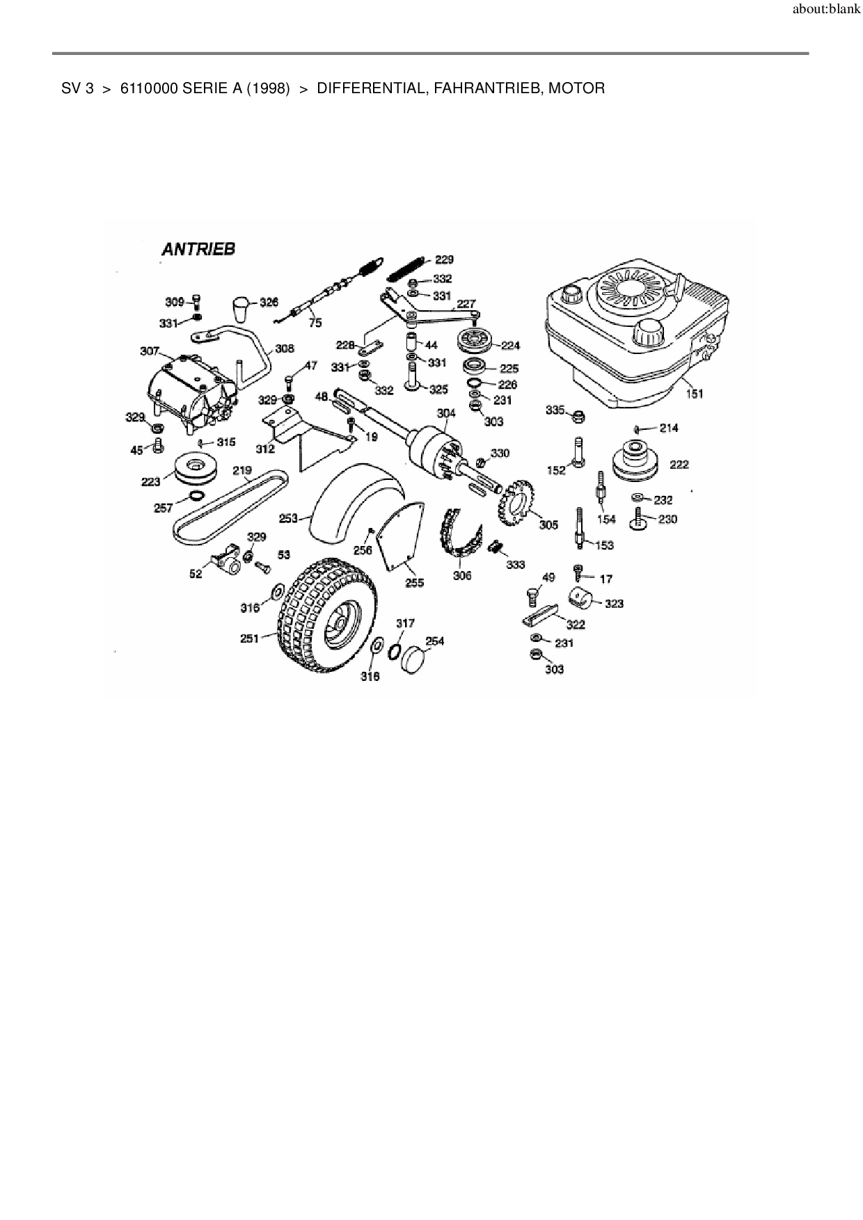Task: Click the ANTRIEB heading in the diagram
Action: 198,249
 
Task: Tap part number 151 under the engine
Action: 694,394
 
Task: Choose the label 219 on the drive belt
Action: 242,471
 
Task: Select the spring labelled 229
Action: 405,266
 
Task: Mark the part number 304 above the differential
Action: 446,413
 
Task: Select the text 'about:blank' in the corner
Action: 826,11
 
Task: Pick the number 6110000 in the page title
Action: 148,88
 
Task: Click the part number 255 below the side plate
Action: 414,583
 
